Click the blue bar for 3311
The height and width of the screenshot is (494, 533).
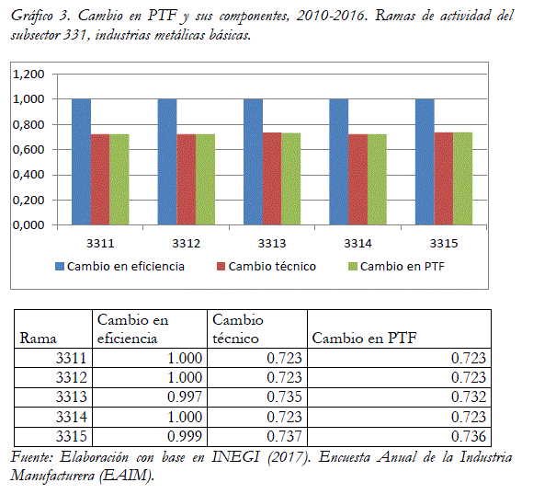pos(81,162)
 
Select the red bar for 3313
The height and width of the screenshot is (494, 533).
pos(272,178)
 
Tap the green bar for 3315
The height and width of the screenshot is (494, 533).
pos(463,178)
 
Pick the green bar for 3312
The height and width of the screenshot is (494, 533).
pos(205,179)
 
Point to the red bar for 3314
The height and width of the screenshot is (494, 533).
pos(358,179)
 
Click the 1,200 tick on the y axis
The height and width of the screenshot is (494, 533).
pos(28,74)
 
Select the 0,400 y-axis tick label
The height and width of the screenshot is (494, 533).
pos(28,175)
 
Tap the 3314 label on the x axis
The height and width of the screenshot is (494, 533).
pos(358,243)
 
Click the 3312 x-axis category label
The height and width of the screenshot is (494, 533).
pos(187,243)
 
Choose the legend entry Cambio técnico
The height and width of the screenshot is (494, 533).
pos(272,267)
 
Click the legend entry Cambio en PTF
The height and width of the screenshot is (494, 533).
pos(403,267)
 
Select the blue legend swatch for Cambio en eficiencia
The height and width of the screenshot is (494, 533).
pos(60,267)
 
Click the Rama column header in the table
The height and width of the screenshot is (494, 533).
pos(38,339)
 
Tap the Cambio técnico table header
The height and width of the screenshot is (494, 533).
pos(238,329)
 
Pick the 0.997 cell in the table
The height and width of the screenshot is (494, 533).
pos(185,396)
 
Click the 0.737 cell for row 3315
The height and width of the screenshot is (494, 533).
pos(285,436)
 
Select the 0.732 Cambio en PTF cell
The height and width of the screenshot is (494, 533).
pos(469,396)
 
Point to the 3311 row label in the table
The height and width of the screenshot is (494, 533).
pos(72,358)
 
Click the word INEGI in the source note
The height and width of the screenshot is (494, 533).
pos(235,457)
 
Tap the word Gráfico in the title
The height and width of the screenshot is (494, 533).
pos(32,16)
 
